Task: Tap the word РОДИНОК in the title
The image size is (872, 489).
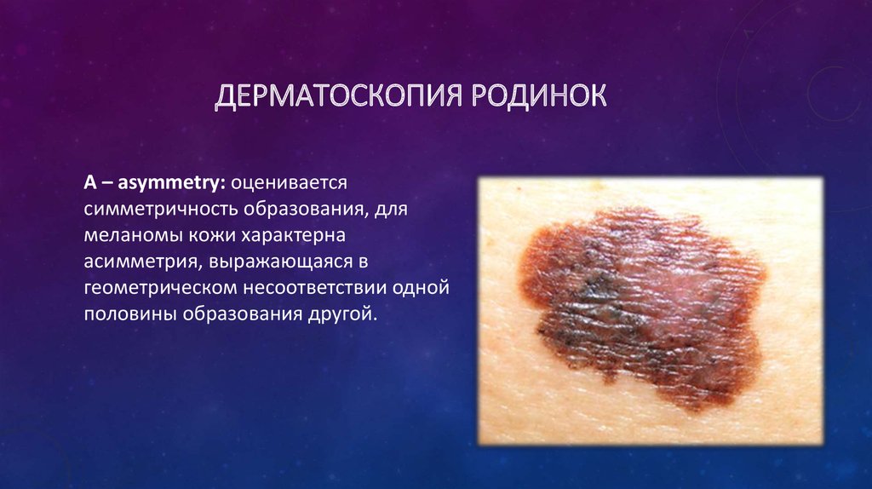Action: pyautogui.click(x=539, y=95)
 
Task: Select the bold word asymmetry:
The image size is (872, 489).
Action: pyautogui.click(x=172, y=183)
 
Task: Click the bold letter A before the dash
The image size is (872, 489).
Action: pyautogui.click(x=90, y=182)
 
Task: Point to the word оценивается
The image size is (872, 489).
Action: pyautogui.click(x=290, y=183)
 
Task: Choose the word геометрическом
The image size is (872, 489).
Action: pyautogui.click(x=159, y=289)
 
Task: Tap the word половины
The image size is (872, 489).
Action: pyautogui.click(x=129, y=314)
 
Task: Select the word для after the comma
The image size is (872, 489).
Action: pyautogui.click(x=390, y=210)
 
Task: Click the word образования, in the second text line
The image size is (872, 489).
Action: pyautogui.click(x=306, y=210)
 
